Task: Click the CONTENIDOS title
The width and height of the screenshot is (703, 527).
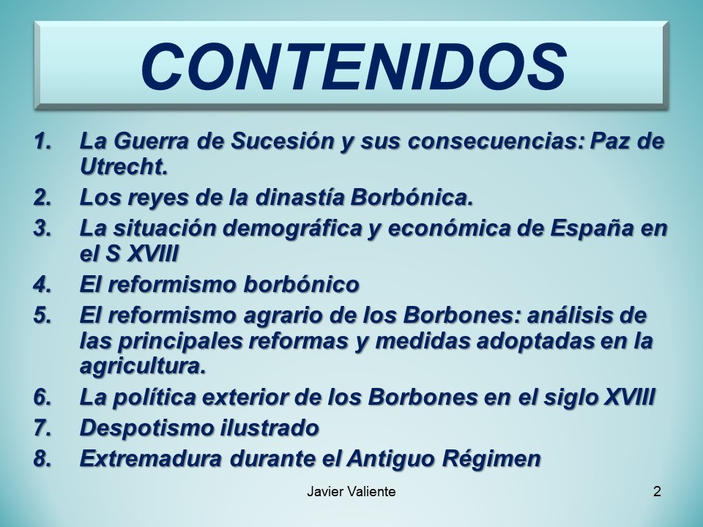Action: (353, 67)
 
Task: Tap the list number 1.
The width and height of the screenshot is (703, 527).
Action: (43, 141)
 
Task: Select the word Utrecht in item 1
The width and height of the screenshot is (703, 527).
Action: (123, 167)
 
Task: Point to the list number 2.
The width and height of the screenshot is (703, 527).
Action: (43, 198)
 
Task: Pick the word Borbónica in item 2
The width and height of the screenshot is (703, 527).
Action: (412, 197)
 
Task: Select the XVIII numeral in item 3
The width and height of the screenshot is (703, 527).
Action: (153, 254)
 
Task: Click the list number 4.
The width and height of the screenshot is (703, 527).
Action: (43, 285)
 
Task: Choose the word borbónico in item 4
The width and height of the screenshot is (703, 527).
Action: (301, 285)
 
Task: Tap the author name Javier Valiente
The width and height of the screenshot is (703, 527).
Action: (351, 492)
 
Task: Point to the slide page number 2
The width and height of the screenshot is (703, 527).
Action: (657, 492)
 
